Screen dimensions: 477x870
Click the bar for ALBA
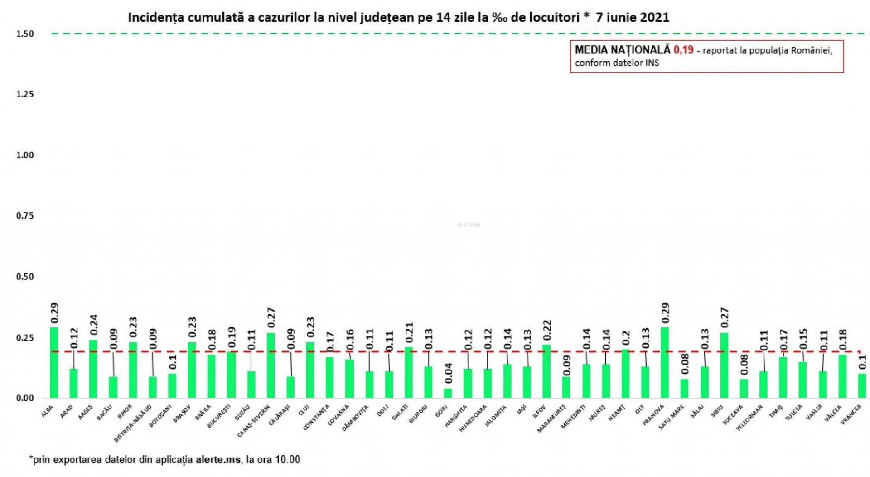click(54, 362)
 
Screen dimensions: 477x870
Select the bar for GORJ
click(448, 393)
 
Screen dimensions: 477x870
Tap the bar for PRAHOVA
click(665, 362)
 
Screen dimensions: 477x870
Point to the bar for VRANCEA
click(862, 385)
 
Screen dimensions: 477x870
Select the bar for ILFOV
click(546, 371)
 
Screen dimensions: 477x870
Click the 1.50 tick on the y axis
click(25, 34)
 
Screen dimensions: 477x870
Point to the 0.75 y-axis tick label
click(25, 216)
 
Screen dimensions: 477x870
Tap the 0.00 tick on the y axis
click(25, 398)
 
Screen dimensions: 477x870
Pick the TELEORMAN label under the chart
click(749, 418)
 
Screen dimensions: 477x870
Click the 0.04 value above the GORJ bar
click(448, 373)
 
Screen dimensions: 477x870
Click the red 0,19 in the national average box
click(683, 50)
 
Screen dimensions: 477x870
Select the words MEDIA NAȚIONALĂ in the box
click(622, 50)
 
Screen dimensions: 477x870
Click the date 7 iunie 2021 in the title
click(632, 17)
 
